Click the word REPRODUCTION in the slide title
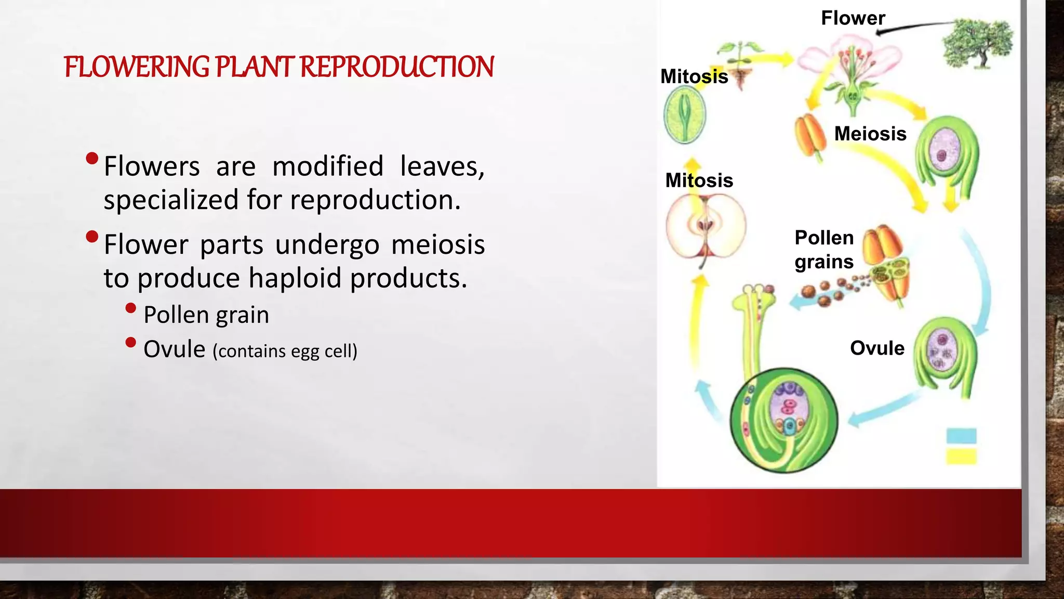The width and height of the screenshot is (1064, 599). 397,67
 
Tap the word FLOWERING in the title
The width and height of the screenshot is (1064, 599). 136,67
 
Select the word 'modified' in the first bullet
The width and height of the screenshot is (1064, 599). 328,166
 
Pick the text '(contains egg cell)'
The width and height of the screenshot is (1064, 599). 285,351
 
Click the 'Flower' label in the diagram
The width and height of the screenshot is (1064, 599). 853,18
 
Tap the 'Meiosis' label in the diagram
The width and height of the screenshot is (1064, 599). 870,134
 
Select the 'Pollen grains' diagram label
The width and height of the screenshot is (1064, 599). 824,250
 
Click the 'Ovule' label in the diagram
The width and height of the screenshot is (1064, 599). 877,348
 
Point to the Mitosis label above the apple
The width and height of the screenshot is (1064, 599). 699,180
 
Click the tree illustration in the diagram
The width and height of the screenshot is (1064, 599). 977,44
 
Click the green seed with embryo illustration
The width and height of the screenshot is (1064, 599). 685,114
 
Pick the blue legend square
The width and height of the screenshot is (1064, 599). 961,436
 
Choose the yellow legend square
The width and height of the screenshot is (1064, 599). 961,456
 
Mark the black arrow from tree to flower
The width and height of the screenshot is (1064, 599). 914,27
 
